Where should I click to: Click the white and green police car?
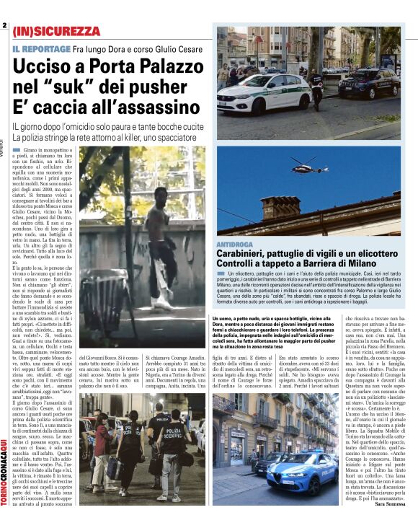[x=264, y=94]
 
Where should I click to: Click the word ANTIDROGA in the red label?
[x=234, y=245]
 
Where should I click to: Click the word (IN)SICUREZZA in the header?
[x=57, y=32]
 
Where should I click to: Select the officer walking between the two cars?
[x=316, y=87]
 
